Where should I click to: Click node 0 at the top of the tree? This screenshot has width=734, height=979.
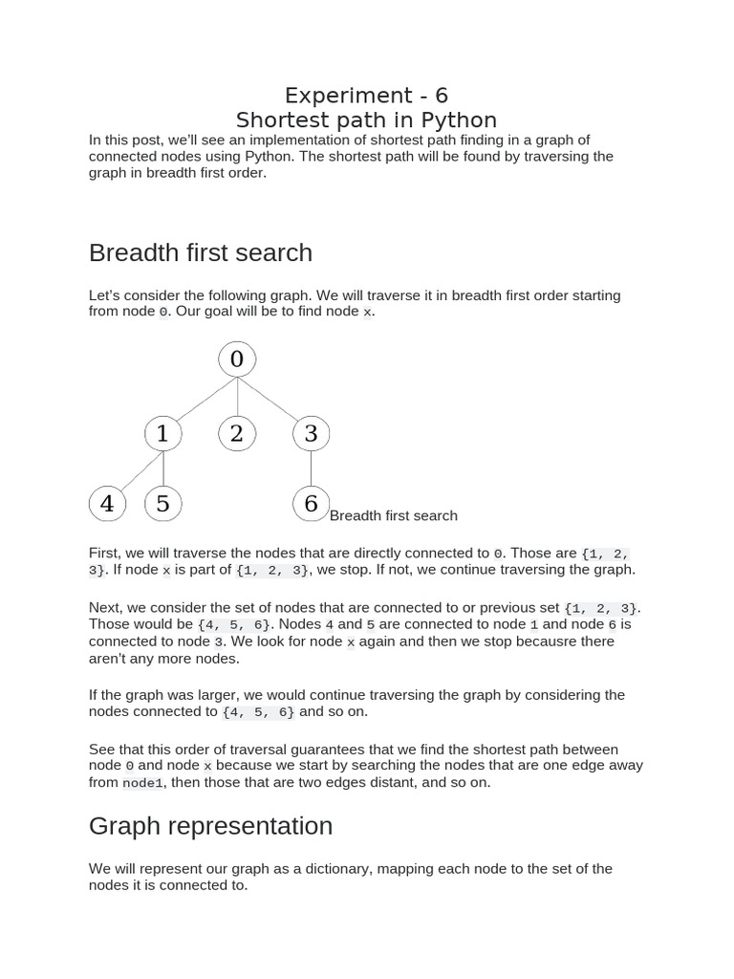237,359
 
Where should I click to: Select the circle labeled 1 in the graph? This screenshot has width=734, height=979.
162,433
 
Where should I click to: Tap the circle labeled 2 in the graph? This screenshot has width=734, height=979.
237,433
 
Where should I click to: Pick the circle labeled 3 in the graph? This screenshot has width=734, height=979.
311,433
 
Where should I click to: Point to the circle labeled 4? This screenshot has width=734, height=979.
107,504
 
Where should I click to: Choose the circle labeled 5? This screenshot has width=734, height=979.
162,504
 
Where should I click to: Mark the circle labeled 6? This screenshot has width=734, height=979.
311,504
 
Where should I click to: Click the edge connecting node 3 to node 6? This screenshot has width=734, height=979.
311,468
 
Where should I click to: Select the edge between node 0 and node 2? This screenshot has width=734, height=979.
237,396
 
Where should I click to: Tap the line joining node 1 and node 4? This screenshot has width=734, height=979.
135,469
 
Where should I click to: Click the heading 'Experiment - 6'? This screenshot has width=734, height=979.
366,96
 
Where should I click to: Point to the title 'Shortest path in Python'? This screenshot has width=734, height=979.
366,120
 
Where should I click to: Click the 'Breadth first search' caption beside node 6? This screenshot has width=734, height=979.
393,516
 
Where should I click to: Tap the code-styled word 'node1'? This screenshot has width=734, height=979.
143,783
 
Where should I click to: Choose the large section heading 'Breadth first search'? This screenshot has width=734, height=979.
201,252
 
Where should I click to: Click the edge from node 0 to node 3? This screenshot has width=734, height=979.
273,396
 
